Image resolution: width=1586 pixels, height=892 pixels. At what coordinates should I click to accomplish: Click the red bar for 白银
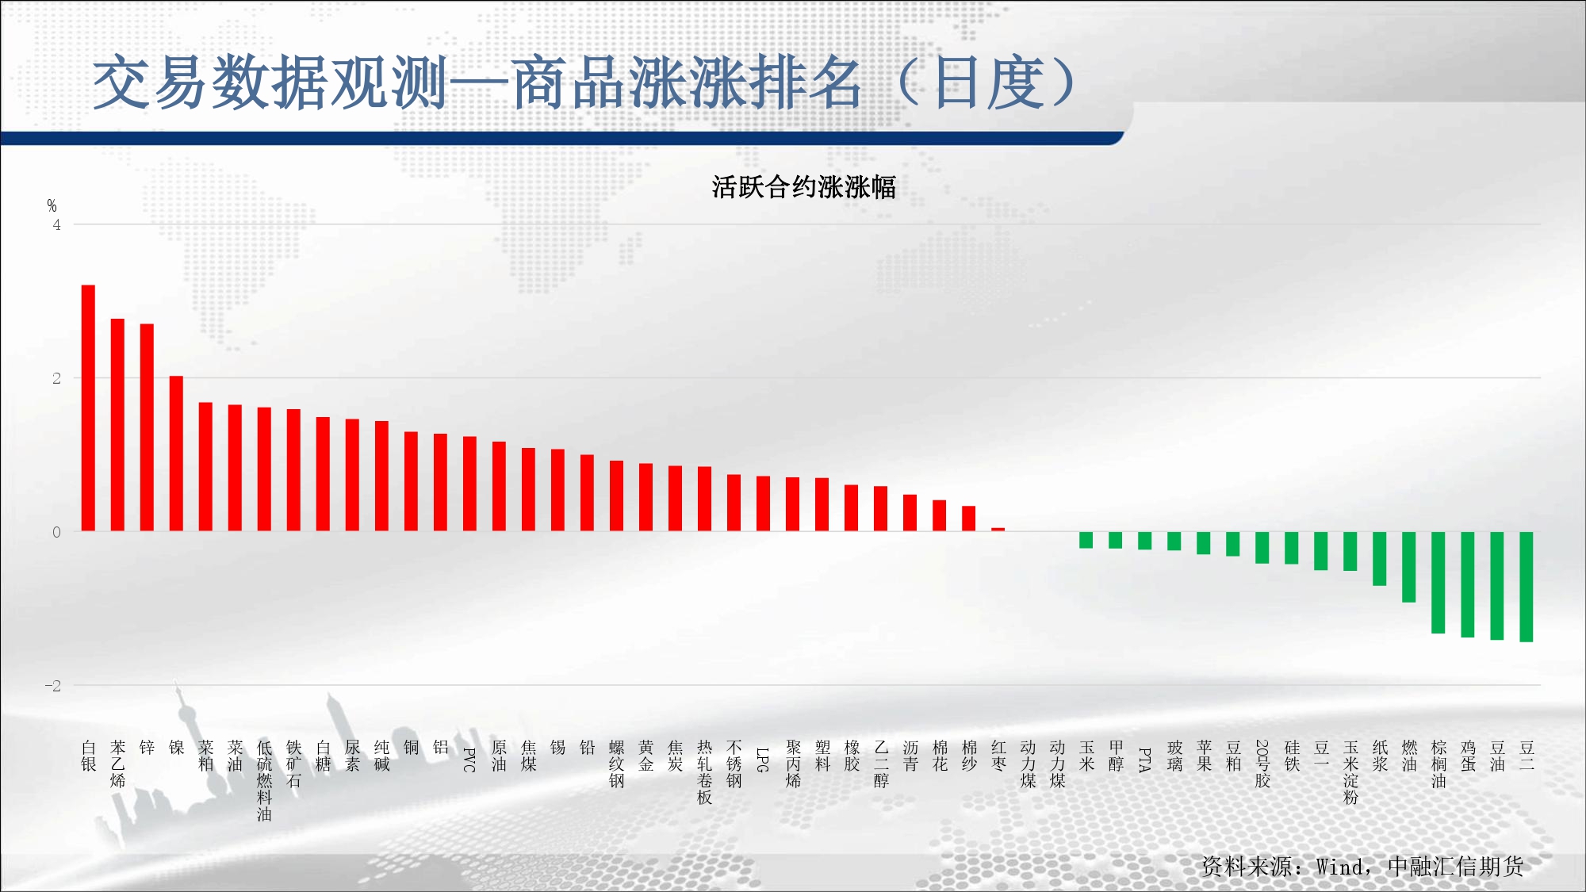click(x=88, y=408)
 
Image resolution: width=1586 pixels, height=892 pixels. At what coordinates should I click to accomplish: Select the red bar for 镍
click(x=176, y=454)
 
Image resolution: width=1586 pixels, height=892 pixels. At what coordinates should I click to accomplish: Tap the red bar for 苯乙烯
click(x=117, y=425)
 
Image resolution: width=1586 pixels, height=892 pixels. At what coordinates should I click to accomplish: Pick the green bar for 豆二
click(x=1526, y=587)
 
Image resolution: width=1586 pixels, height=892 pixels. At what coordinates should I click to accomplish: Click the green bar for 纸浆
click(x=1379, y=559)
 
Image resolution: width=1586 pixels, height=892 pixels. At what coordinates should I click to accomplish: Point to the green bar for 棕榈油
click(x=1438, y=583)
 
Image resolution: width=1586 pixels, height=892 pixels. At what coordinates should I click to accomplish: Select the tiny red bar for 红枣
click(x=998, y=529)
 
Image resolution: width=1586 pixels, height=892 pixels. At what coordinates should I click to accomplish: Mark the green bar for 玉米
click(x=1086, y=540)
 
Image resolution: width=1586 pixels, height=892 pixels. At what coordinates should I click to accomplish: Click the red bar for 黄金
click(x=646, y=497)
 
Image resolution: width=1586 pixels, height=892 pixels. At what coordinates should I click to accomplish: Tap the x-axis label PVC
click(x=469, y=760)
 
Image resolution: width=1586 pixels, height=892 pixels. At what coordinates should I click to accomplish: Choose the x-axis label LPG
click(x=763, y=760)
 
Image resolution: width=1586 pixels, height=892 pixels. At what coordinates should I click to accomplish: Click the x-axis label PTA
click(x=1144, y=760)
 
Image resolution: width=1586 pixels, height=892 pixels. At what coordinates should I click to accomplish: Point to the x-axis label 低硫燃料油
click(x=264, y=781)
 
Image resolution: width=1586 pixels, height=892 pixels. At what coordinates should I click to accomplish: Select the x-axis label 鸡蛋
click(x=1468, y=756)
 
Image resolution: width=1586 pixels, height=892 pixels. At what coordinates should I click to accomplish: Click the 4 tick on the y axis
click(x=56, y=224)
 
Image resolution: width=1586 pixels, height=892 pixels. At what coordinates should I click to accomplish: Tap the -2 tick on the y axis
click(x=52, y=686)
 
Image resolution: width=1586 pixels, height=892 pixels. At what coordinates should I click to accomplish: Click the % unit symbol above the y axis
click(x=52, y=206)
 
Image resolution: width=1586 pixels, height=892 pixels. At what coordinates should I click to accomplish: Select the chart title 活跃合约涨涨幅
click(x=803, y=187)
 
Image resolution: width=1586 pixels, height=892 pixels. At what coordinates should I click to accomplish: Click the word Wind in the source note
click(x=1340, y=867)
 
